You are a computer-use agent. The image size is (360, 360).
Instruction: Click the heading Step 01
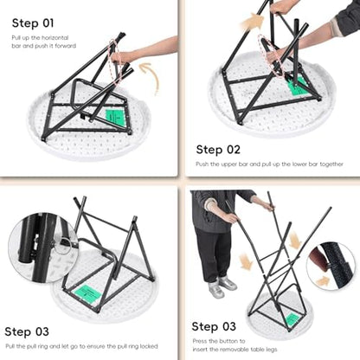pyautogui.click(x=33, y=23)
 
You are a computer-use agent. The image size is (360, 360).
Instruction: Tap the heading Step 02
pyautogui.click(x=218, y=150)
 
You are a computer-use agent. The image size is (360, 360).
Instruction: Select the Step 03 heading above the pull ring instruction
pyautogui.click(x=27, y=331)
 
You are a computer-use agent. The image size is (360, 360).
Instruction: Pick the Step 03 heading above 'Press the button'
pyautogui.click(x=214, y=326)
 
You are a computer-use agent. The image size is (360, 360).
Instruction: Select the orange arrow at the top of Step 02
pyautogui.click(x=254, y=21)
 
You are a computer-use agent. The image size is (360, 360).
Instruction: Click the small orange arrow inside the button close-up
pyautogui.click(x=323, y=280)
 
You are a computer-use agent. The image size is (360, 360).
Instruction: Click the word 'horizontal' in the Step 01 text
pyautogui.click(x=55, y=38)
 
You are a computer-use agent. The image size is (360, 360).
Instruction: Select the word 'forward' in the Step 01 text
pyautogui.click(x=66, y=46)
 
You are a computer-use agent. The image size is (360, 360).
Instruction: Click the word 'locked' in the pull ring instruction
pyautogui.click(x=149, y=346)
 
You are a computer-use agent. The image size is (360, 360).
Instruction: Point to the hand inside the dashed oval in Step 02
pyautogui.click(x=273, y=55)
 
